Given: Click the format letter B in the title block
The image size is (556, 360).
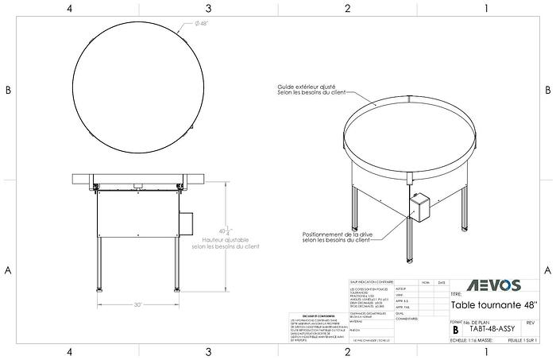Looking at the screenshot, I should [x=455, y=327].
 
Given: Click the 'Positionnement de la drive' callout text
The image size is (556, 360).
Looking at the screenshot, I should [x=335, y=238].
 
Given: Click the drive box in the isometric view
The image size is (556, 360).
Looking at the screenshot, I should [x=418, y=207].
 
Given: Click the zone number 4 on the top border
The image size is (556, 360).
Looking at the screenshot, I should [x=70, y=8].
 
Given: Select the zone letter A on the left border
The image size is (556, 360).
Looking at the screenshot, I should [x=8, y=269].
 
